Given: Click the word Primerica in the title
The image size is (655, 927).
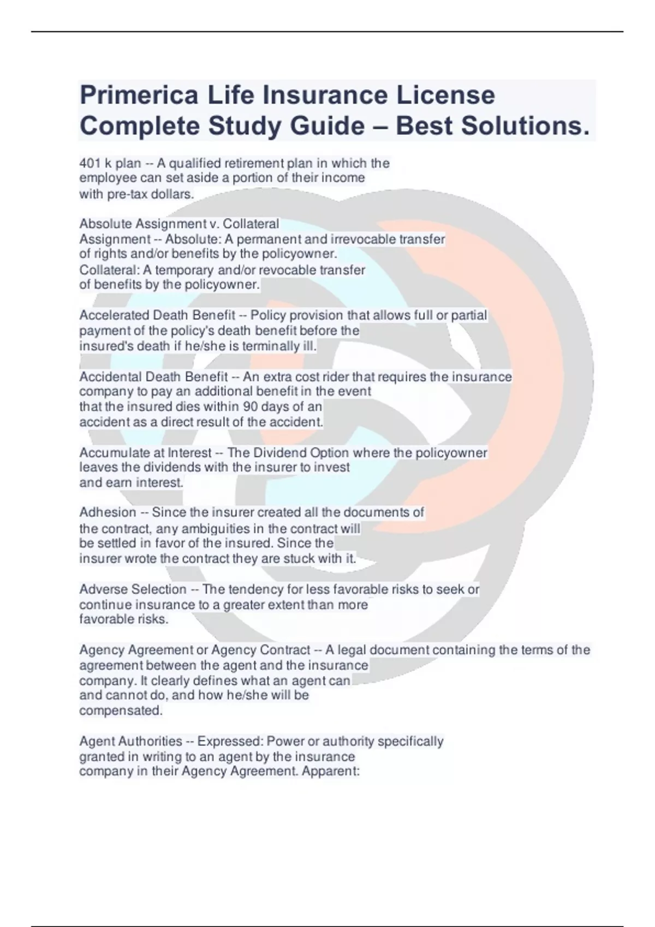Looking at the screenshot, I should (139, 96).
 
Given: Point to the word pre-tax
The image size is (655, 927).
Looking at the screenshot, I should (127, 194).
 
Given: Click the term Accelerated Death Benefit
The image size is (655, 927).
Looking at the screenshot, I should (157, 315).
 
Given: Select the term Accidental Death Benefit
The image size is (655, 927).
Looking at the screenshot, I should (153, 377).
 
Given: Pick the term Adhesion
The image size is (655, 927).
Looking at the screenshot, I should (108, 513).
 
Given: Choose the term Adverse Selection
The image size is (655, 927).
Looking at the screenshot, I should (133, 589).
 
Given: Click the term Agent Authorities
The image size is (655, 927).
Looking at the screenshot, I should (130, 742).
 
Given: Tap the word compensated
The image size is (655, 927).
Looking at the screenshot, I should (121, 711).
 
